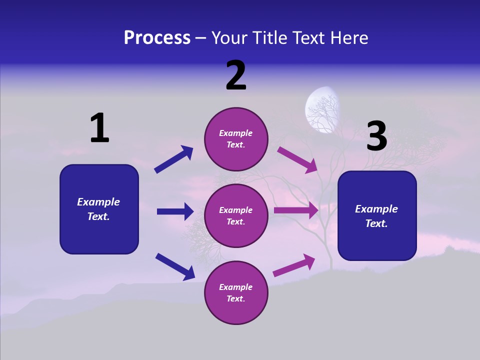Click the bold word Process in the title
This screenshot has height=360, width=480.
coord(157,37)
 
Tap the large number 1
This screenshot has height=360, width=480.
coord(99,128)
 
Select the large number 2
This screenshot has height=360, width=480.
coord(236,75)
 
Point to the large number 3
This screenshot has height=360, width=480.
coord(377,137)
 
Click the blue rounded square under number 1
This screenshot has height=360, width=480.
coord(99,209)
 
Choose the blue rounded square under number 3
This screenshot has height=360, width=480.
coord(377,216)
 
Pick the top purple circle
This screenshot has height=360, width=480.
coord(236,139)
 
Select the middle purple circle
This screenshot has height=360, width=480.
coord(236,215)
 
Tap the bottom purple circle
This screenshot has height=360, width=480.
coord(236,292)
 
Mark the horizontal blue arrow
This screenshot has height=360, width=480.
coord(175,211)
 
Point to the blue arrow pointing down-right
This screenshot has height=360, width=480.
coord(175,266)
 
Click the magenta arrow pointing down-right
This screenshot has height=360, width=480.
coord(297,159)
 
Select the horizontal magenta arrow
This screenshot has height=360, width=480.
coord(296,210)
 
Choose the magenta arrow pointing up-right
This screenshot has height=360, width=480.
coord(294,265)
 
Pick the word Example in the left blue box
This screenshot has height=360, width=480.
coord(98,202)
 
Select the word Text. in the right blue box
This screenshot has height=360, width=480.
coord(376,223)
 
